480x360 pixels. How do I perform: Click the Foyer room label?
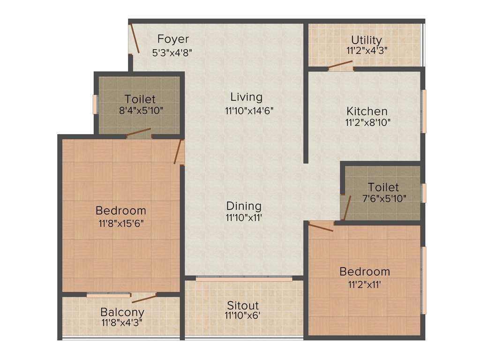coord(173,38)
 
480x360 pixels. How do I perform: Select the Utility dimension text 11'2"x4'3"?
coord(367,50)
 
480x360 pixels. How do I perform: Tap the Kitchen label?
coord(367,111)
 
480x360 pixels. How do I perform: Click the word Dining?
coord(244,206)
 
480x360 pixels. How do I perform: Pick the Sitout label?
coord(242,305)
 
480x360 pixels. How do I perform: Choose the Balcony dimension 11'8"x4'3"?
coord(122,322)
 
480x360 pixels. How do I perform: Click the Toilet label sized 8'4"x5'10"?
coord(140,99)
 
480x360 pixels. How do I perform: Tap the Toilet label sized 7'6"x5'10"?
coord(383,187)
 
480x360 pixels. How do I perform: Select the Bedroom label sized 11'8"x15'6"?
coord(121,210)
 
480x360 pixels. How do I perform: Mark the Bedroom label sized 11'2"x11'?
coord(365,271)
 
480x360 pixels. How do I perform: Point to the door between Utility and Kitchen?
coord(340,67)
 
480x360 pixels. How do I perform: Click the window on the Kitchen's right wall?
coord(424,112)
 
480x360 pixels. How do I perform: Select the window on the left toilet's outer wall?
coord(95,105)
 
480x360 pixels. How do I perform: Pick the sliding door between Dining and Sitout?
coord(244,279)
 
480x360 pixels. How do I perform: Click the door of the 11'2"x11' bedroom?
coord(321,226)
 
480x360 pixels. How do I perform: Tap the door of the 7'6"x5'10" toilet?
coord(347,208)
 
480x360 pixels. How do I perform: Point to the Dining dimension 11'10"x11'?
coord(244,217)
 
